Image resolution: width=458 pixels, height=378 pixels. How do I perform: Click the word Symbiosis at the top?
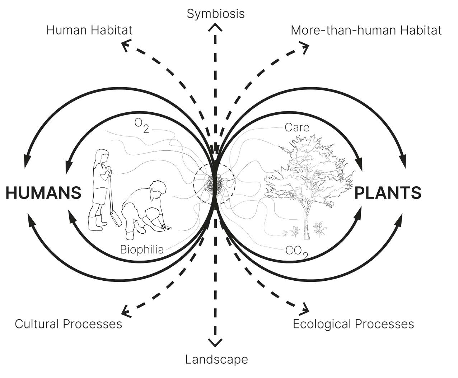click(216, 14)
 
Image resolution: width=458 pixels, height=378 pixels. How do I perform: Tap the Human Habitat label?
click(89, 30)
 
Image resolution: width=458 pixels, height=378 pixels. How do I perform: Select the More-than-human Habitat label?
click(366, 30)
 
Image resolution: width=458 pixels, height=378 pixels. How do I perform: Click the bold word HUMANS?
click(43, 193)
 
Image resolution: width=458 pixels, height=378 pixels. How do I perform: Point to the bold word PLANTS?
click(388, 193)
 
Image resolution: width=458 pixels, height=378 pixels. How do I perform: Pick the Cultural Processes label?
click(68, 324)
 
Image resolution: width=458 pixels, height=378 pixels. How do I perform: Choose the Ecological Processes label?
click(353, 324)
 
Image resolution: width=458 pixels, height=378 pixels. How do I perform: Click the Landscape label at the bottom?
click(216, 359)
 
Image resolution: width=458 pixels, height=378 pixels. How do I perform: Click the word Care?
click(296, 127)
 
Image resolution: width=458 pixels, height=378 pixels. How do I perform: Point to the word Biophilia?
click(142, 249)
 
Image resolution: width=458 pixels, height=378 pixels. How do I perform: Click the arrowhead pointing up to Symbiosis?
click(215, 27)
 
